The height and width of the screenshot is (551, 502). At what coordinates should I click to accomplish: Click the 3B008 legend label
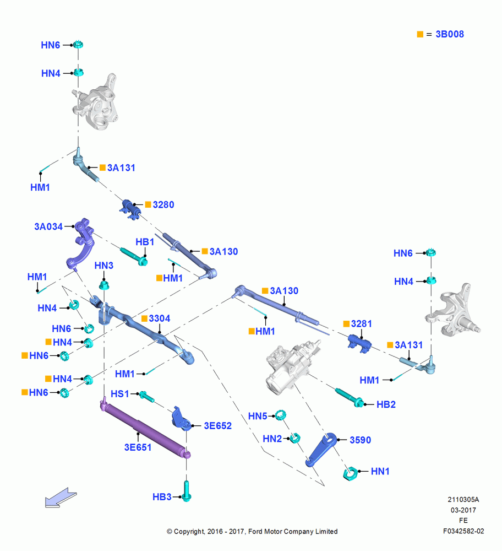[x=449, y=34]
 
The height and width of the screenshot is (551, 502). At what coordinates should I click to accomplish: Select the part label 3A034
[x=48, y=226]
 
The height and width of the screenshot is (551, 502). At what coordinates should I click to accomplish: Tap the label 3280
[x=163, y=204]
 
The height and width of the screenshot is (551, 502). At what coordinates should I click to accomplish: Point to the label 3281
[x=361, y=323]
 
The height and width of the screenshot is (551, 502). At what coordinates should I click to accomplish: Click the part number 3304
[x=160, y=318]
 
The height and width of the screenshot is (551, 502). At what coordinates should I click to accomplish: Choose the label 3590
[x=360, y=440]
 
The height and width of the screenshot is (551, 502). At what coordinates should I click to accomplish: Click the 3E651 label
[x=138, y=447]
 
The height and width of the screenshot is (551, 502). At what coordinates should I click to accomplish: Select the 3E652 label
[x=217, y=426]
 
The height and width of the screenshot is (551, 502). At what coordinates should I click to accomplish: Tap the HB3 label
[x=162, y=497]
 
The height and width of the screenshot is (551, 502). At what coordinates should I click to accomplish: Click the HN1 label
[x=380, y=471]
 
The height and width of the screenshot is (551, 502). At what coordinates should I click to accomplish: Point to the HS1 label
[x=119, y=394]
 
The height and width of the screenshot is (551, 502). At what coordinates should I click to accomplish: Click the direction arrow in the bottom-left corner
[x=61, y=498]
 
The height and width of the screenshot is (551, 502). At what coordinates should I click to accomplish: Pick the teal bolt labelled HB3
[x=187, y=491]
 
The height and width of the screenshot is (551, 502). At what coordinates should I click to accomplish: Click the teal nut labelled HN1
[x=350, y=473]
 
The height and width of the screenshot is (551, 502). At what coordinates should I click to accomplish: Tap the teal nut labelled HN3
[x=104, y=285]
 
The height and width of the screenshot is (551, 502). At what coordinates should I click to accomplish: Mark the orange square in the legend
[x=420, y=34]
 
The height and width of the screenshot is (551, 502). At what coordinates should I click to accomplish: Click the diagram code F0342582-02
[x=463, y=531]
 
